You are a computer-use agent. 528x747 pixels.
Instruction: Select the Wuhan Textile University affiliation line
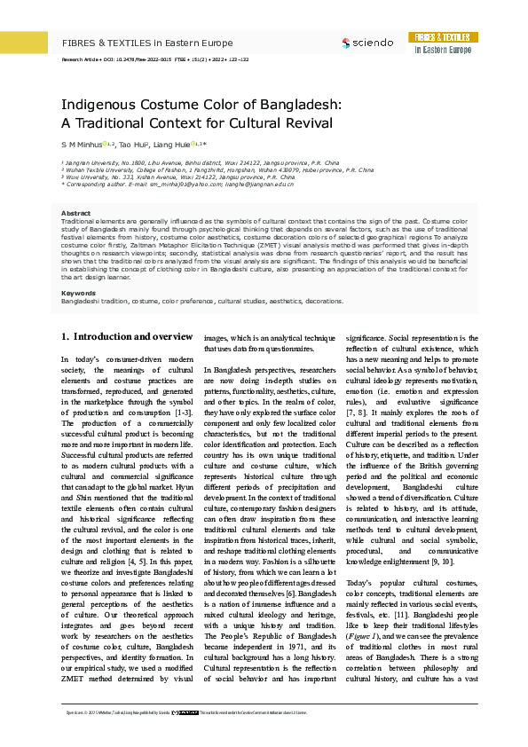(217, 170)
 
